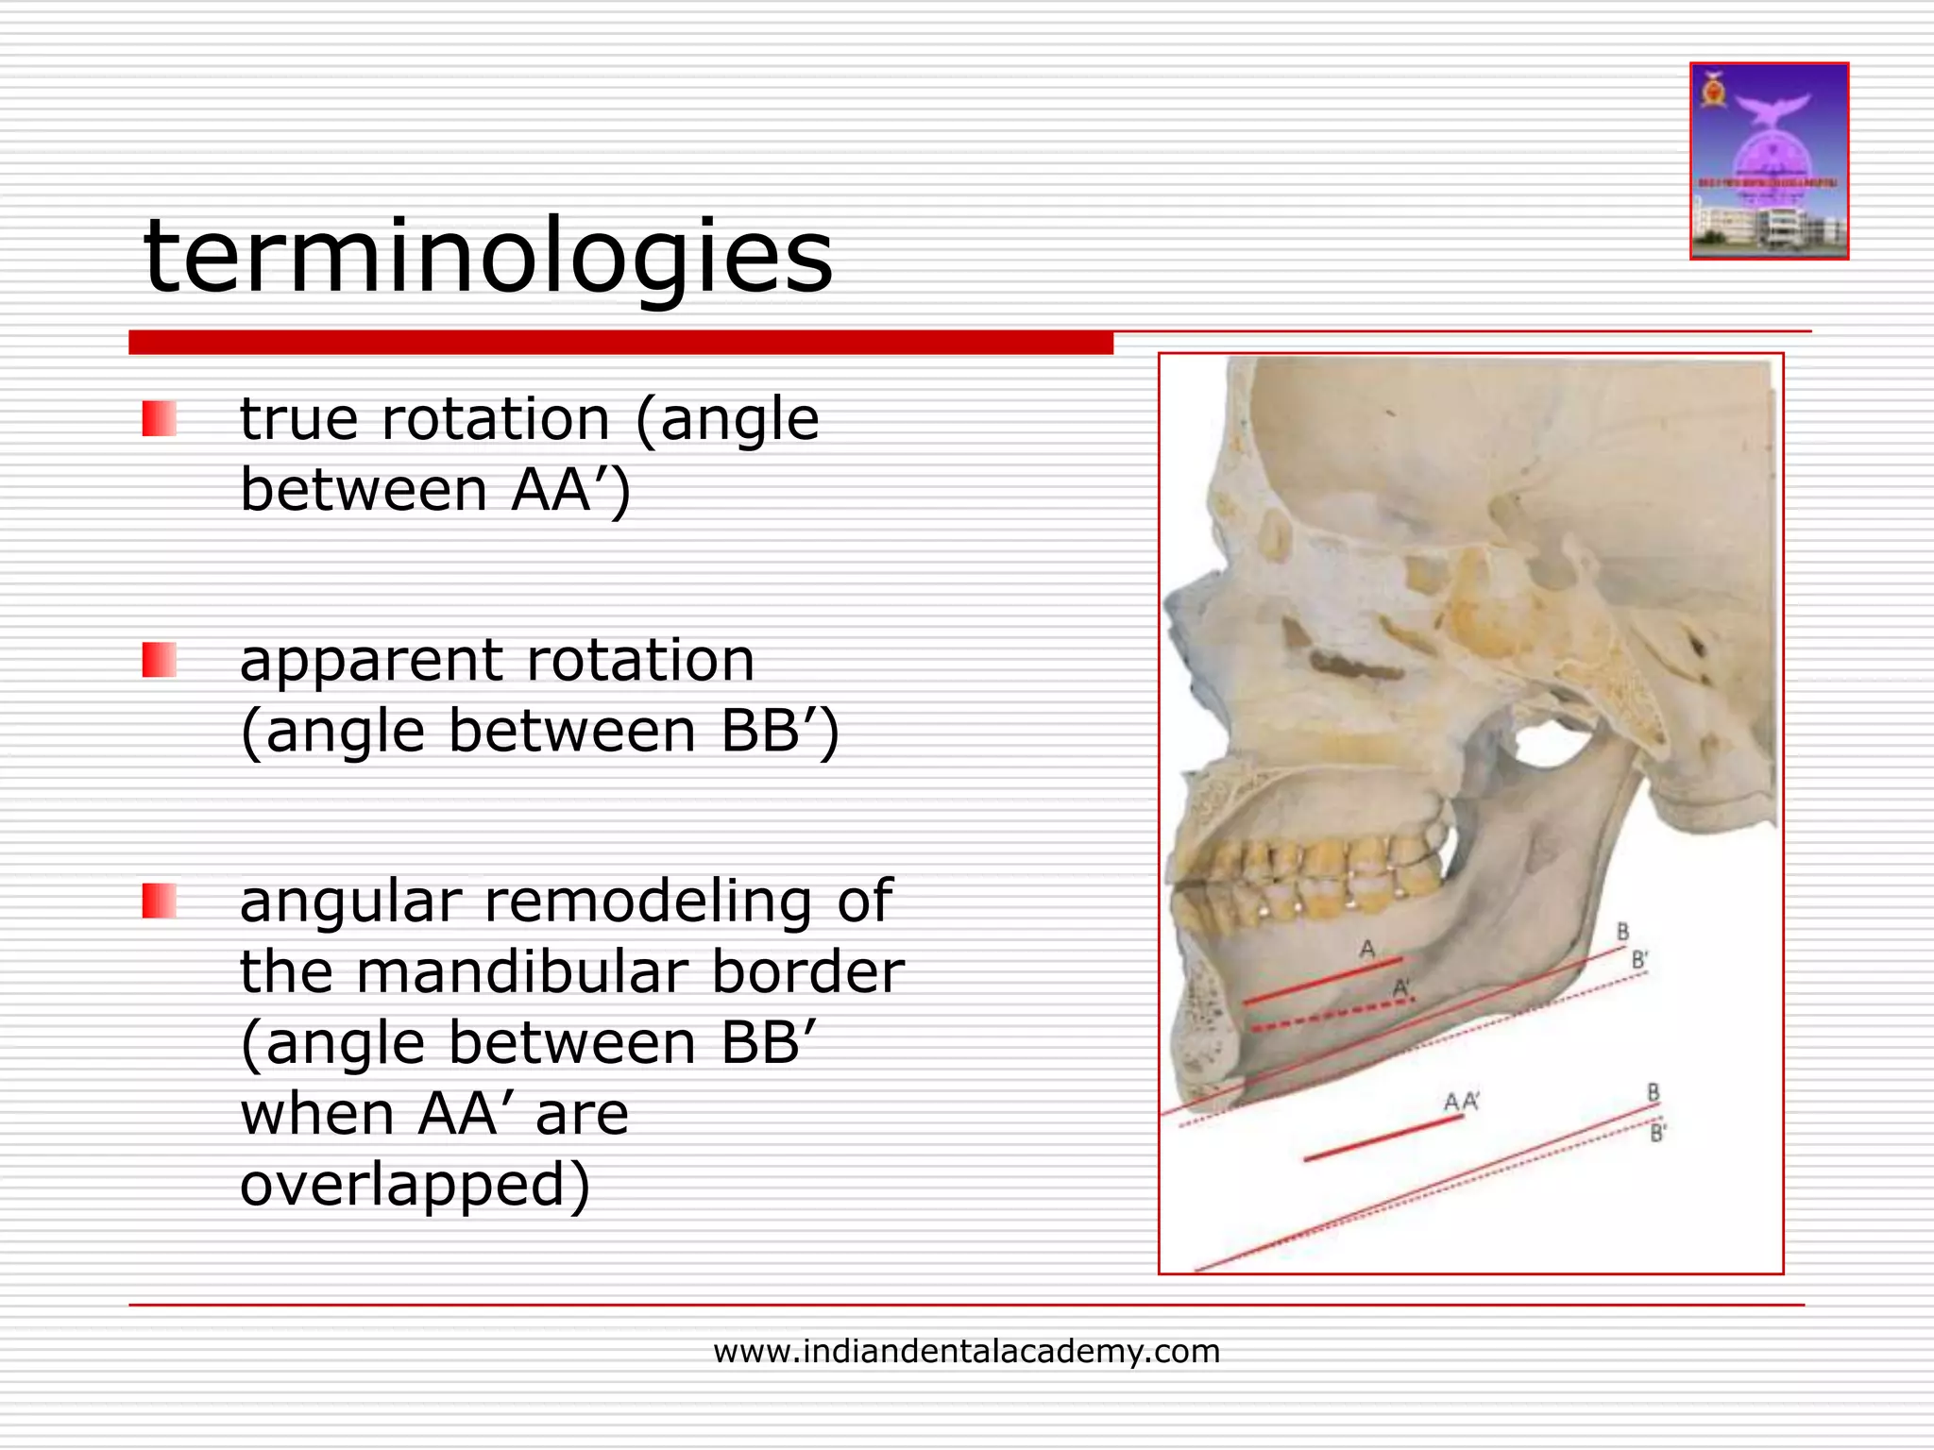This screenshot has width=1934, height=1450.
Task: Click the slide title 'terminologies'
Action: (488, 256)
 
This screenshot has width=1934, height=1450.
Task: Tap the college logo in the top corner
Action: (1769, 161)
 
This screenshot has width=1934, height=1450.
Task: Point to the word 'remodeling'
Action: (647, 901)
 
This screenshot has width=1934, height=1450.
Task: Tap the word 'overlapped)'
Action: (415, 1186)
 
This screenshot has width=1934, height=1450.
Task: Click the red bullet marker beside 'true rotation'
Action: (159, 419)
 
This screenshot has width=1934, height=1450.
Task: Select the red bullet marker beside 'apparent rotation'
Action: (159, 660)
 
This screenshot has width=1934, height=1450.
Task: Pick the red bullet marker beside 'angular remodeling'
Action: (159, 901)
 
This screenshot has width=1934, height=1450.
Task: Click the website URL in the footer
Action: (966, 1352)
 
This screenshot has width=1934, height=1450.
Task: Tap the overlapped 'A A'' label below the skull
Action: (1461, 1102)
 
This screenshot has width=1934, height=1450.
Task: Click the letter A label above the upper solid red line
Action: (1366, 949)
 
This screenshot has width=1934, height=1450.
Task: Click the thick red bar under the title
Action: (620, 343)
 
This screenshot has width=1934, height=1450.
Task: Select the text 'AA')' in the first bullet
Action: (570, 491)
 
